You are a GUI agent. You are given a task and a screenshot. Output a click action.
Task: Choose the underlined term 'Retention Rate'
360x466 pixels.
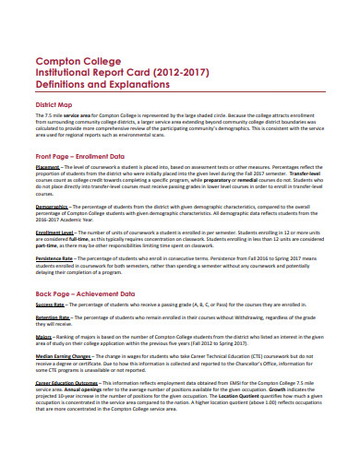(53, 317)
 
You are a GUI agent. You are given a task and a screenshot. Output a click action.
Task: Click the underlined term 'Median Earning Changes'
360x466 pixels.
(64, 354)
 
